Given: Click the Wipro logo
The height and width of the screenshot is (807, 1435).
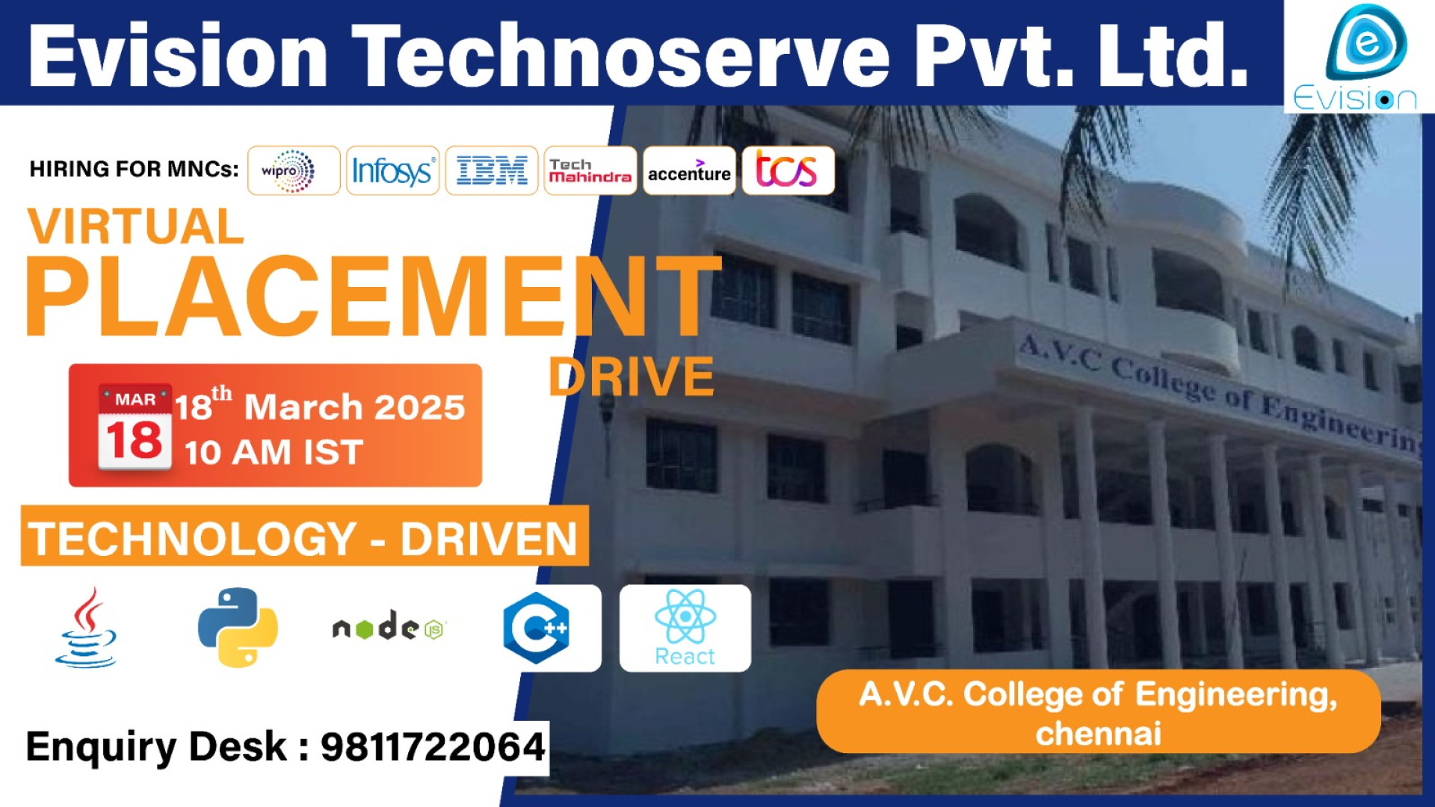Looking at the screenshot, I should [x=293, y=171].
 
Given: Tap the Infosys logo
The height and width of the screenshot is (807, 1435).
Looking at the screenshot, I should [x=392, y=171].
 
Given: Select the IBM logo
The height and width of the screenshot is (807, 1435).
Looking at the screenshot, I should [x=492, y=171].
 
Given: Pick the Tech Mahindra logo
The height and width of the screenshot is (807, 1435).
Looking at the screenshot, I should [x=590, y=171].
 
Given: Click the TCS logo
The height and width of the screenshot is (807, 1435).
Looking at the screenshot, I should [x=788, y=171].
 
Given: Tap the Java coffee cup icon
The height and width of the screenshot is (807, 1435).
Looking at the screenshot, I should [x=87, y=628].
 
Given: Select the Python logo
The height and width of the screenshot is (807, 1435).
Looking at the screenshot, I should [x=238, y=628].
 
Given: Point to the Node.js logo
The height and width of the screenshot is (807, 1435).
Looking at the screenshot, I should [x=389, y=628].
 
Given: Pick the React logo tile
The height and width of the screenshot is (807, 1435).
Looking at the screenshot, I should [x=685, y=628].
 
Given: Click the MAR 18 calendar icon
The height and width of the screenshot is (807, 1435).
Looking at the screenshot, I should [x=135, y=427].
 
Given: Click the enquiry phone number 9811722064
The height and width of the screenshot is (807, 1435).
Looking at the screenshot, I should [x=433, y=746].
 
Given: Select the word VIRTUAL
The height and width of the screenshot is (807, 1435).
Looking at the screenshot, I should [x=136, y=226].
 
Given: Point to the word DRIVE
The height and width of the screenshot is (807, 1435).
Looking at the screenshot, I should [x=632, y=377].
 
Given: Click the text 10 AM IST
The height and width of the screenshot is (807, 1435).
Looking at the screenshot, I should [x=274, y=453].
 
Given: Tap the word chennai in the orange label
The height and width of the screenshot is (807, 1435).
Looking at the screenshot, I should [x=1098, y=734].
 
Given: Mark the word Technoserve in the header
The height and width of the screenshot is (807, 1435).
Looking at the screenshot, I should [x=620, y=56].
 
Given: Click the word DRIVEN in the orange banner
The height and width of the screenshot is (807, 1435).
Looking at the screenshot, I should [x=489, y=539].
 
